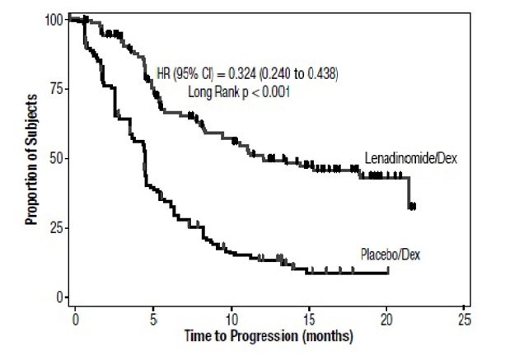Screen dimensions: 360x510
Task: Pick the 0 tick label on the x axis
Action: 75,318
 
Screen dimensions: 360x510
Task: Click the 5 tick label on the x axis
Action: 153,318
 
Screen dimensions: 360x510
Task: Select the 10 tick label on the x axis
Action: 232,318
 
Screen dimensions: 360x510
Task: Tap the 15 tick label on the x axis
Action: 309,318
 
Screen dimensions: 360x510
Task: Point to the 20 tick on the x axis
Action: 387,318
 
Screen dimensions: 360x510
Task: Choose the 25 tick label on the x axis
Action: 465,318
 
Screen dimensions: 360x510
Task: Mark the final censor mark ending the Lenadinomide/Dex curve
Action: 412,206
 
